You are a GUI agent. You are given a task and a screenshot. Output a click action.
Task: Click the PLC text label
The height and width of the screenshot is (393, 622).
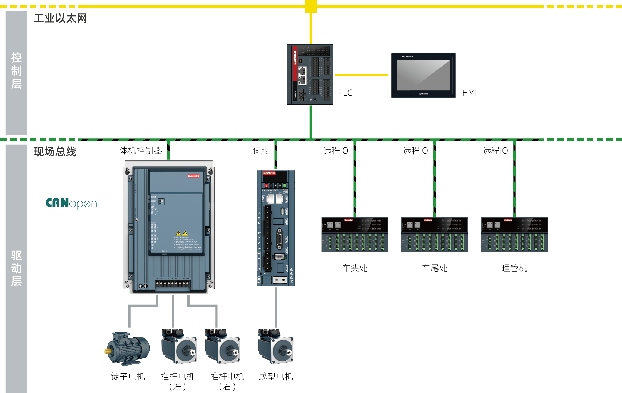345,93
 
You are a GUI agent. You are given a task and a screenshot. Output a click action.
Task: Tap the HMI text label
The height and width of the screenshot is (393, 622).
469,93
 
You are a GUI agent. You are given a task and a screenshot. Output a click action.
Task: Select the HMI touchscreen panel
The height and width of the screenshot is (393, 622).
423,75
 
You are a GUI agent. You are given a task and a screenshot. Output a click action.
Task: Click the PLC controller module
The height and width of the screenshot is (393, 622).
310,74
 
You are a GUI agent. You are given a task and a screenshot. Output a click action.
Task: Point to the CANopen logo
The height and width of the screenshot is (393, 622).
71,203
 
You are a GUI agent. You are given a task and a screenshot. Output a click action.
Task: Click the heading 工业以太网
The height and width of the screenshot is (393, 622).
60,18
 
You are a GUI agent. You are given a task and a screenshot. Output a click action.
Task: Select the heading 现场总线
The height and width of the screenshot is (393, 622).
55,152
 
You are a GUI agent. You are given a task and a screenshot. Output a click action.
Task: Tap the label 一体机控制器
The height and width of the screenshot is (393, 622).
136,151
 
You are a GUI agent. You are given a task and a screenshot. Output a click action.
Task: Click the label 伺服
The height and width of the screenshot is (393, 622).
261,151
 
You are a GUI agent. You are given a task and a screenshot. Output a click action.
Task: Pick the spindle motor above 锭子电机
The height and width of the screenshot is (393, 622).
128,349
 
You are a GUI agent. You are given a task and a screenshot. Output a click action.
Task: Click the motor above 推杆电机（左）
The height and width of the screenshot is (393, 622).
179,346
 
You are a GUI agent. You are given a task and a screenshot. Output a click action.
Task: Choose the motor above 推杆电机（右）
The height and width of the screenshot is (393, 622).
222,346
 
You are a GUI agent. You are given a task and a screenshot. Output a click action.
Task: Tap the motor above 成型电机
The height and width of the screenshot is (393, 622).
276,346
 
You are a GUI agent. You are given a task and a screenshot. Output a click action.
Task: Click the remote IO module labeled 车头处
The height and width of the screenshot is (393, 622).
355,234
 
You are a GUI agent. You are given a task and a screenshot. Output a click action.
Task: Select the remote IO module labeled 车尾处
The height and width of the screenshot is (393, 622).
434,234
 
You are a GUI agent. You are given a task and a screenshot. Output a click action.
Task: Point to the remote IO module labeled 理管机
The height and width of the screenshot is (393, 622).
514,234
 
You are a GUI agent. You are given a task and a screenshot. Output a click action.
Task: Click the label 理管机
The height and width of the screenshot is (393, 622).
514,268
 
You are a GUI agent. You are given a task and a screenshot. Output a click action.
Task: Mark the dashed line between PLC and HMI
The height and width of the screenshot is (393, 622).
362,75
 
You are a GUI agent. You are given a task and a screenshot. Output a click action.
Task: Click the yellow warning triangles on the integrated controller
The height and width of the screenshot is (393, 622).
182,233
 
